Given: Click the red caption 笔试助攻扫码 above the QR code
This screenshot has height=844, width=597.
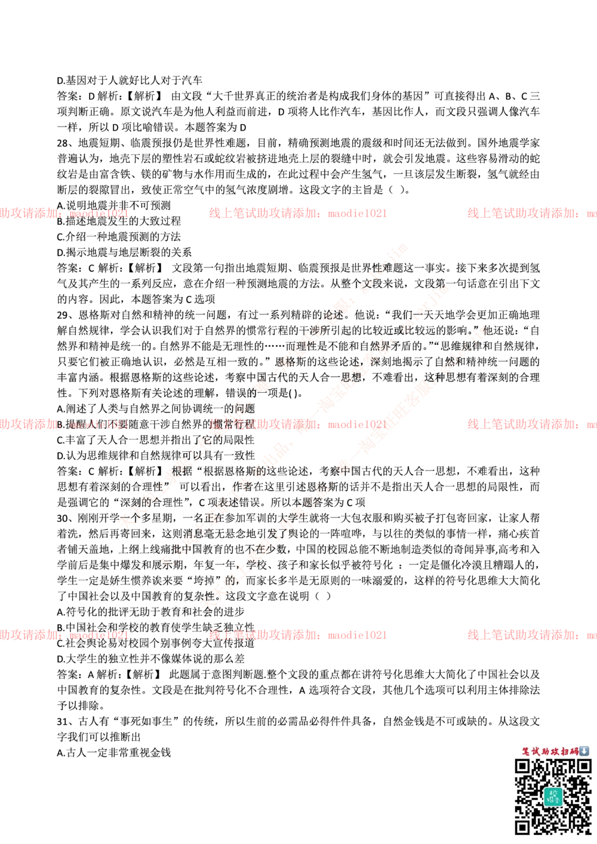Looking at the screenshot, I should [x=549, y=751].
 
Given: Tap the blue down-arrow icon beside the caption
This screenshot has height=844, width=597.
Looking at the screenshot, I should [x=584, y=751].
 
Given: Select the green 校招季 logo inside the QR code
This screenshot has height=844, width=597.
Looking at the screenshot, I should [x=553, y=796].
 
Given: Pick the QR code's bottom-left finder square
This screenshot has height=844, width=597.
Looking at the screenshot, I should [x=523, y=827].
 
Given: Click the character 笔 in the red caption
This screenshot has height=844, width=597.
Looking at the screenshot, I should [x=527, y=751].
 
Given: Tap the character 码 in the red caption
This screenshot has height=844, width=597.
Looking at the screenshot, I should [x=574, y=751].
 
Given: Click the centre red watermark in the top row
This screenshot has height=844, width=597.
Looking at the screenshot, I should [x=297, y=212].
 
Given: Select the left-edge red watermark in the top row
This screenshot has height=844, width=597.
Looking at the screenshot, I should [x=64, y=212].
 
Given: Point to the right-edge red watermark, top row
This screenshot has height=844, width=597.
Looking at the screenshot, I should [x=531, y=212].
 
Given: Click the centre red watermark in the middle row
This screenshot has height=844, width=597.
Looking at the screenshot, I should [x=297, y=424].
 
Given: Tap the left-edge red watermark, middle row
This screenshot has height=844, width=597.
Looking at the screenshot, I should [x=64, y=424].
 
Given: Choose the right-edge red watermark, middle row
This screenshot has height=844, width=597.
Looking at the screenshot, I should [x=531, y=424].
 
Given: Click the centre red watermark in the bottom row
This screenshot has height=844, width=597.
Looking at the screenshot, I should [x=297, y=635].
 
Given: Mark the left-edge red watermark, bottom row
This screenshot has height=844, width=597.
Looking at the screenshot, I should [x=64, y=635].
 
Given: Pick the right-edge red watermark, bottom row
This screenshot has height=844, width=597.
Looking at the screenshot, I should [x=531, y=635].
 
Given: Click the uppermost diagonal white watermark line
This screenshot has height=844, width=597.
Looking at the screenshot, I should [x=263, y=385].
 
